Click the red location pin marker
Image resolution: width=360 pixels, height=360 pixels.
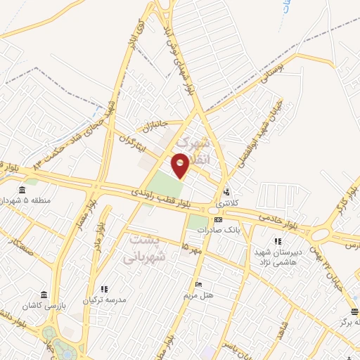tap(181, 167)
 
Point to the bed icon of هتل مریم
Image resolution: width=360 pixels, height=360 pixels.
tap(199, 284)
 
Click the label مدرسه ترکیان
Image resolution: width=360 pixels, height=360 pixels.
tap(104, 300)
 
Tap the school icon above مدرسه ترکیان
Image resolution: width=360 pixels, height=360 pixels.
tap(104, 289)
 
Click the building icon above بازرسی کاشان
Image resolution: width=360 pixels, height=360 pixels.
tap(44, 295)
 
